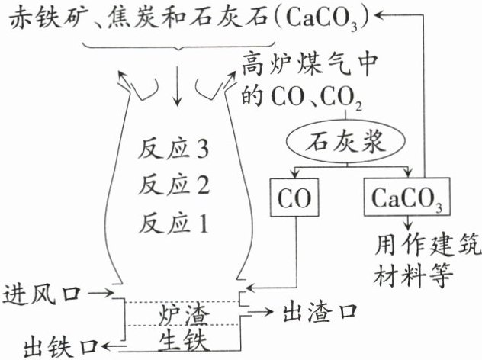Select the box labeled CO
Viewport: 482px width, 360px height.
[290, 198]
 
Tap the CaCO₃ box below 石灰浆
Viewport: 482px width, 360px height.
[406, 198]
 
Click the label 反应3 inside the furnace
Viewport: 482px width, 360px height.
[175, 148]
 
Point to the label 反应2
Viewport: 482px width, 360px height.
[175, 185]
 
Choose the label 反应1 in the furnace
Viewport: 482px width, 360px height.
[175, 223]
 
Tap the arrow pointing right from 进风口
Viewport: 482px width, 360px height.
[100, 293]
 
